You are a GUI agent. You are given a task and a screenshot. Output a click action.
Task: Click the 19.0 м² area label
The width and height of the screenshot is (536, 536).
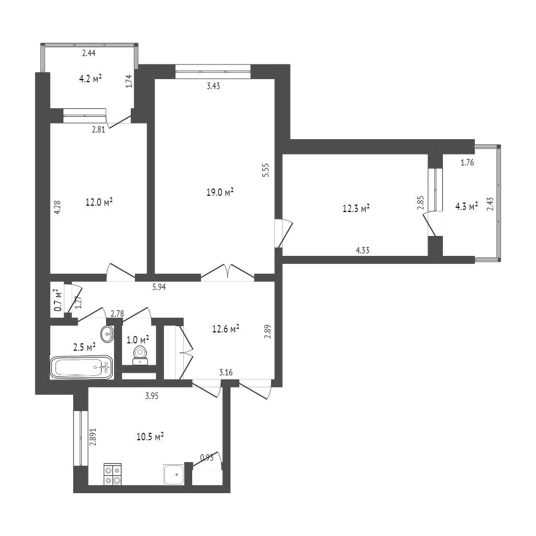click(x=220, y=192)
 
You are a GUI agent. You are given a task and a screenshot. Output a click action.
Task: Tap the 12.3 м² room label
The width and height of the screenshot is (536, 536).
click(x=356, y=208)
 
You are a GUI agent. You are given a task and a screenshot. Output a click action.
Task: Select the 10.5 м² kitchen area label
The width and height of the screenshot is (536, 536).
click(x=150, y=437)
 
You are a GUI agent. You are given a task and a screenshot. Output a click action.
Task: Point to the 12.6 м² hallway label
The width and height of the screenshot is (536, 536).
click(x=226, y=329)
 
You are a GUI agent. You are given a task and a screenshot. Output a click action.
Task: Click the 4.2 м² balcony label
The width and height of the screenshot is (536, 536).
click(x=90, y=79)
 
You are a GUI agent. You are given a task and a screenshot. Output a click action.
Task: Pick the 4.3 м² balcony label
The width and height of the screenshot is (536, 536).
click(x=467, y=207)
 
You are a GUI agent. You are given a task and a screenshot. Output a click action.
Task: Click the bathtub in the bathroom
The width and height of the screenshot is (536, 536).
click(x=81, y=367)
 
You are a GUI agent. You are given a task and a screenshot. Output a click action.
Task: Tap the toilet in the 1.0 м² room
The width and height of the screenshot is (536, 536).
click(x=140, y=354)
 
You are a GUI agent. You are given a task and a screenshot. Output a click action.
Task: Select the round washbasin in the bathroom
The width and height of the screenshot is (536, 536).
click(x=107, y=333)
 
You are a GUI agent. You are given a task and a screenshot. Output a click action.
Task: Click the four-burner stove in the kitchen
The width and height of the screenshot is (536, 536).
click(x=113, y=474)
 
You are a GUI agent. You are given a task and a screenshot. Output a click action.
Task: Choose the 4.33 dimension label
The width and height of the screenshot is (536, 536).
click(x=363, y=251)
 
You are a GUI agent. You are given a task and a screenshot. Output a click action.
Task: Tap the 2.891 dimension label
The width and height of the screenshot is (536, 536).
click(x=93, y=434)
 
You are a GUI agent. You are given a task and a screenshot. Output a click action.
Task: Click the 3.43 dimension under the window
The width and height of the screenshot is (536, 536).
click(x=213, y=86)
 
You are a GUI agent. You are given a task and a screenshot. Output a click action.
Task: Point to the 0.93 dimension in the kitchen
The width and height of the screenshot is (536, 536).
click(x=207, y=458)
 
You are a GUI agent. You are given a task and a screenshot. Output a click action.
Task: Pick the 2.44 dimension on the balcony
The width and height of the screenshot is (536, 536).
click(x=88, y=53)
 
